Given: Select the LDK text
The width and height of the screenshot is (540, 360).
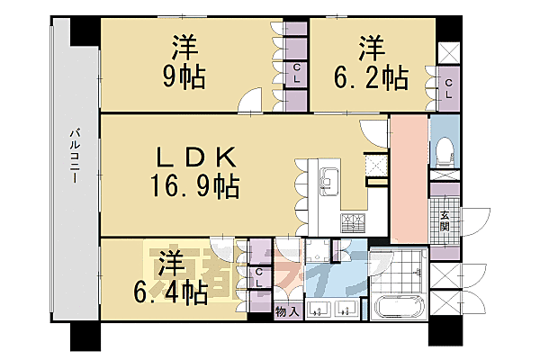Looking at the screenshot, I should point(195,158).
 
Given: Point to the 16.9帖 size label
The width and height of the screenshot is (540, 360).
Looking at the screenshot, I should point(195,187).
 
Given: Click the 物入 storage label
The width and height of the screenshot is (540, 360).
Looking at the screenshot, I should point(286,311).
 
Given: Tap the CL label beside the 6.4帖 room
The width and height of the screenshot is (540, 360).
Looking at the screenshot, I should point(259,278).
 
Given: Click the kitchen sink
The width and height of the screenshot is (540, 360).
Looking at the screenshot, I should point(326,175).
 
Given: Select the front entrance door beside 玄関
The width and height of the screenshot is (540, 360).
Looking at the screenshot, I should point(474,220).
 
